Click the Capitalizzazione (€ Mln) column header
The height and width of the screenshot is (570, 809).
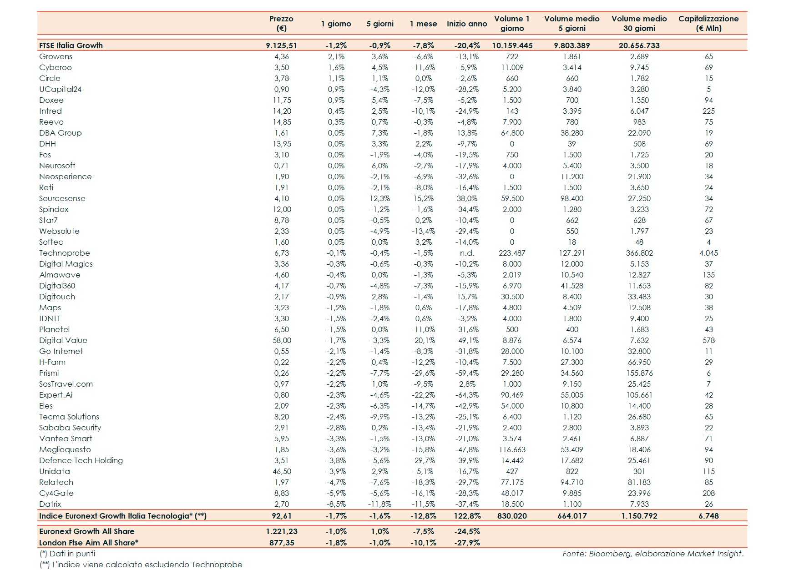(708, 23)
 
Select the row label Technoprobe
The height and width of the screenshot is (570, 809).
(65, 253)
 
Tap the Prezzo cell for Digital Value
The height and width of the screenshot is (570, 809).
(282, 340)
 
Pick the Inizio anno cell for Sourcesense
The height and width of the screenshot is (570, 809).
(467, 198)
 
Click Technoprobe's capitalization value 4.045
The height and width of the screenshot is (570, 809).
(708, 253)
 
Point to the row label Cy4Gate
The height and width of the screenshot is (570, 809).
(56, 493)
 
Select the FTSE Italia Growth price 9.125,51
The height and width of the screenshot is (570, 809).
(282, 45)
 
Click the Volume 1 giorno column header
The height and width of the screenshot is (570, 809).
(512, 23)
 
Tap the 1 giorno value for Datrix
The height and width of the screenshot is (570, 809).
(336, 504)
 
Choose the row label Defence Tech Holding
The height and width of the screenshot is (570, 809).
(81, 460)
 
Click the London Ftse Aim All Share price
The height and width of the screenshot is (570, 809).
(282, 543)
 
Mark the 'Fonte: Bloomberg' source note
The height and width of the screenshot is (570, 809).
(652, 554)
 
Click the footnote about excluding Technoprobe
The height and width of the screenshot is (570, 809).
(141, 565)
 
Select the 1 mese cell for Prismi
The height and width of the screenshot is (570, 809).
(424, 373)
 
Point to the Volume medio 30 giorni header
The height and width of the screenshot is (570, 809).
(639, 23)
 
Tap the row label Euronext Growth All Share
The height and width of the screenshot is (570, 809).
(87, 531)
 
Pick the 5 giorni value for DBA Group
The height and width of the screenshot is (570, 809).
(380, 133)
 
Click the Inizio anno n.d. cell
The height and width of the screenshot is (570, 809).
(467, 253)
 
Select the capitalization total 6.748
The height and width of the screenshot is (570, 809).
(708, 516)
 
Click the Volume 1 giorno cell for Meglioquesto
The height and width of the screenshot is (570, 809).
(512, 449)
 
